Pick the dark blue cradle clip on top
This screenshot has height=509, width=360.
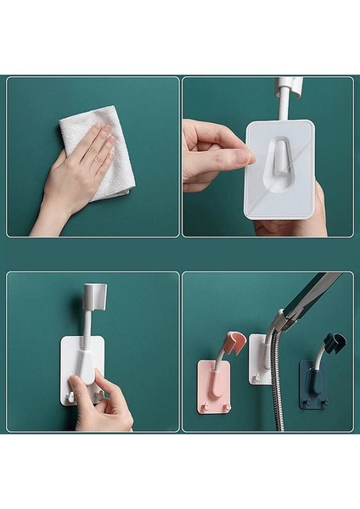click(x=334, y=343)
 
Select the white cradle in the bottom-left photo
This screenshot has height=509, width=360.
click(x=94, y=296)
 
